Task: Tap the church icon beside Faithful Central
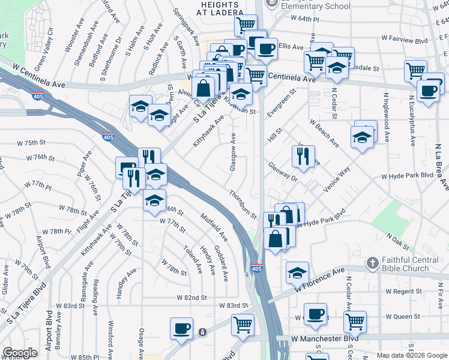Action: (372, 263)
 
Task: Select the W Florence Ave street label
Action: (322, 281)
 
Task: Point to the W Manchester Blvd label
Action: (325, 338)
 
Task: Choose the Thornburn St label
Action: (243, 204)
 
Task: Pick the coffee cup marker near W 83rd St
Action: (181, 329)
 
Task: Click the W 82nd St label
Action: (191, 297)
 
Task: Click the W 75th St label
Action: (32, 143)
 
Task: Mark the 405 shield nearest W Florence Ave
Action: (257, 268)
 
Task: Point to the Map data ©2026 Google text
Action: (412, 355)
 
